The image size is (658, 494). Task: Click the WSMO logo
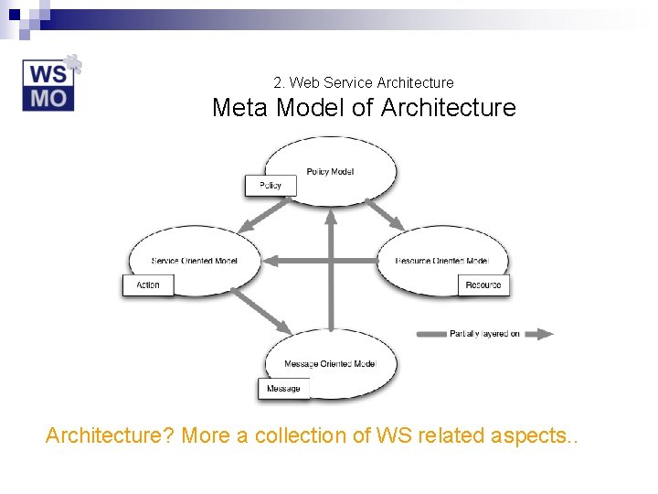click(x=50, y=84)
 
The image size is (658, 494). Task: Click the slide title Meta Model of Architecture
click(x=364, y=108)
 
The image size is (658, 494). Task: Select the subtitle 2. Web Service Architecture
click(x=363, y=82)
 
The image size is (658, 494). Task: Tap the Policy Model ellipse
click(x=331, y=165)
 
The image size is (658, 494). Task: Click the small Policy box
click(x=271, y=186)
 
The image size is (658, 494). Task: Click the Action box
click(x=148, y=285)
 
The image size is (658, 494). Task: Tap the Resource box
click(x=483, y=285)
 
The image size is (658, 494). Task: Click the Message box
click(x=283, y=389)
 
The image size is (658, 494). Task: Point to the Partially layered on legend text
click(x=484, y=334)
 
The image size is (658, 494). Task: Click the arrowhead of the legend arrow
click(x=545, y=334)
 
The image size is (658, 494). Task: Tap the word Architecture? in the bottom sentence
click(x=110, y=435)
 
